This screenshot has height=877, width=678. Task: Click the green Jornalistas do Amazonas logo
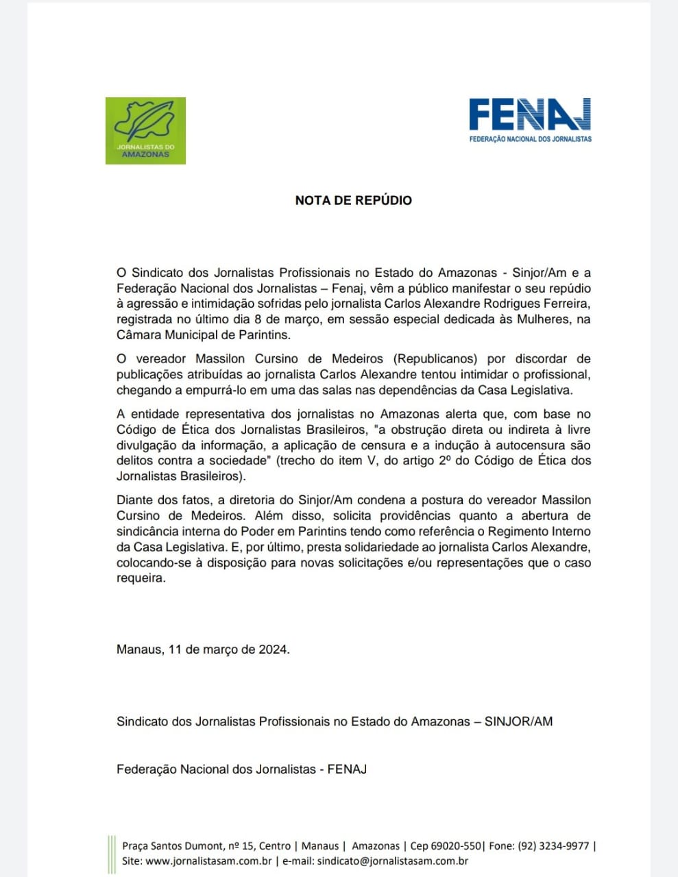pos(145,130)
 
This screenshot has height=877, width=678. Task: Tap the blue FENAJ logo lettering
pos(529,115)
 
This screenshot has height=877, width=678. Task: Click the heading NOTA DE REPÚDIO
pos(353,201)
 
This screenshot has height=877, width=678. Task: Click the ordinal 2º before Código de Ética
pos(446,461)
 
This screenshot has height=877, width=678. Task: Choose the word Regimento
pos(520,532)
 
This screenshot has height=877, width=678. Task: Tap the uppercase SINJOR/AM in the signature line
pos(518,721)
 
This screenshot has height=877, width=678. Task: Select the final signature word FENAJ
pos(347,769)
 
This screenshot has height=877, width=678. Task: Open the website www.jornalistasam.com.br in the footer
pos(209,862)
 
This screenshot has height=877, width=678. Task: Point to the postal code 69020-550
pos(456,846)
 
